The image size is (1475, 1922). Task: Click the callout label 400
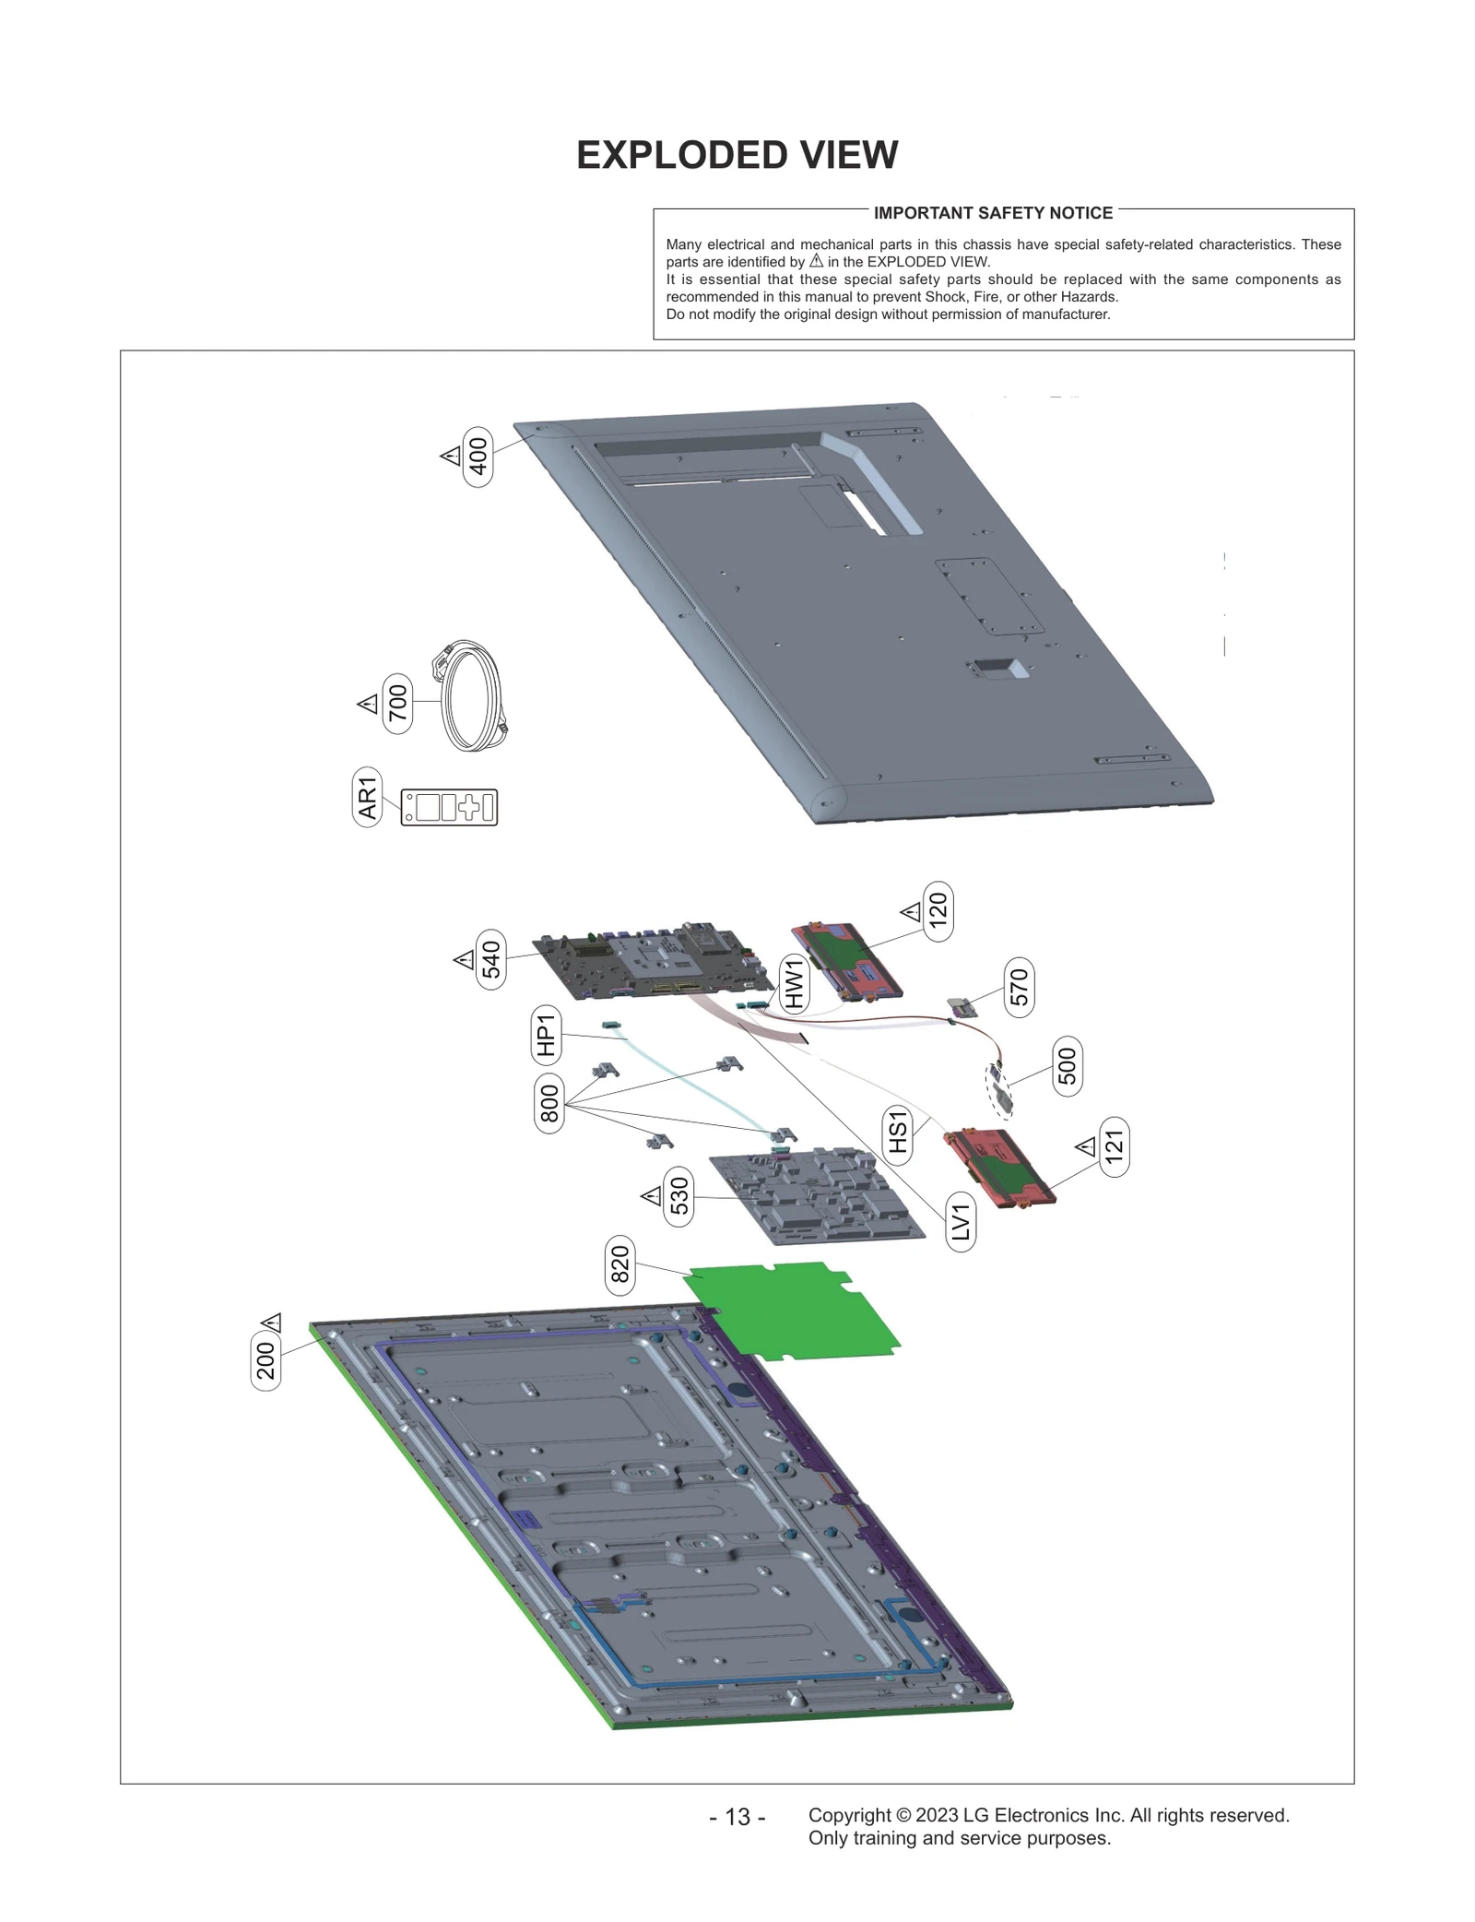(478, 457)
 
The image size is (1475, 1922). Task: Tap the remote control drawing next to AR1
(449, 807)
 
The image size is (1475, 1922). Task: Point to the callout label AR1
(367, 797)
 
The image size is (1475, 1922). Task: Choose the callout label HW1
(794, 982)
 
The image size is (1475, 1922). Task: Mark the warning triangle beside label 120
(911, 912)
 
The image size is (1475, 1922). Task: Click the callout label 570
(1018, 987)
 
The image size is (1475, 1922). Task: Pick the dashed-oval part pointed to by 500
(999, 1089)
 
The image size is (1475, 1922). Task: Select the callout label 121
(1115, 1146)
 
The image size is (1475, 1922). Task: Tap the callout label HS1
(898, 1133)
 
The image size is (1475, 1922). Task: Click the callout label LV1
(961, 1222)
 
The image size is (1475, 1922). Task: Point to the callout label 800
(549, 1103)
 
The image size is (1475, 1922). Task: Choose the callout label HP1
(546, 1034)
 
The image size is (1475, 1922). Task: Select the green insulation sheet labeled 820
(793, 1310)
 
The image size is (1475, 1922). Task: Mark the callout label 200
(265, 1360)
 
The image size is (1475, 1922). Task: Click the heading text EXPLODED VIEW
(737, 155)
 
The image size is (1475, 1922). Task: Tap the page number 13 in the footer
(737, 1817)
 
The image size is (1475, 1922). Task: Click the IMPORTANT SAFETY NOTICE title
(993, 213)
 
